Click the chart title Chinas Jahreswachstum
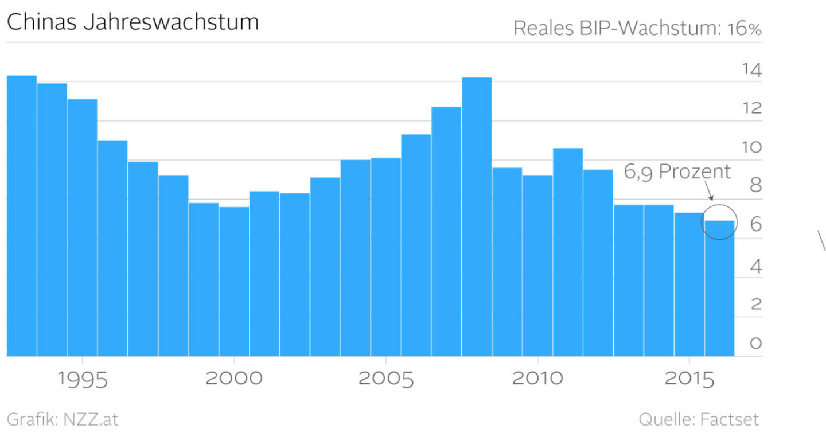click(133, 22)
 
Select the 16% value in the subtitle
click(744, 28)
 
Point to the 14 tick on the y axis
click(751, 71)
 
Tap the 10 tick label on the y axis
click(751, 147)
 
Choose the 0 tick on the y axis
click(756, 343)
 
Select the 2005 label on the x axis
click(385, 380)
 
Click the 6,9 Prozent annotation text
click(677, 171)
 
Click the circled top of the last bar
click(719, 221)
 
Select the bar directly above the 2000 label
click(233, 281)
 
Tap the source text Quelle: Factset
click(699, 419)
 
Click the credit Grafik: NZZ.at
click(62, 419)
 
